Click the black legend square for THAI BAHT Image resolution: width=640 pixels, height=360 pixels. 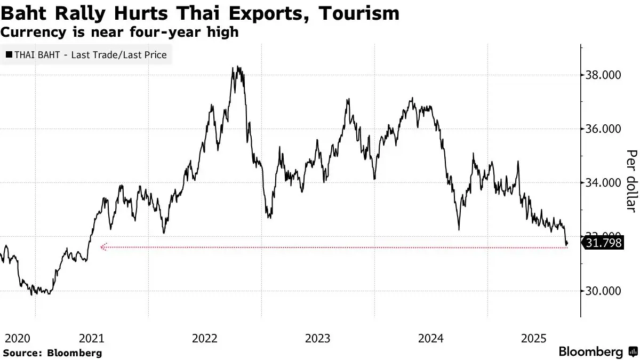click(x=9, y=55)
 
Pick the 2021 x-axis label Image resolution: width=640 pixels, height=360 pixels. click(x=91, y=338)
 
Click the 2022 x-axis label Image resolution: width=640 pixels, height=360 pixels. click(x=205, y=338)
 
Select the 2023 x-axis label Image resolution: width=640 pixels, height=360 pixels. click(x=318, y=338)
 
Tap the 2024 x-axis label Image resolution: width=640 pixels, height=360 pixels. click(x=431, y=338)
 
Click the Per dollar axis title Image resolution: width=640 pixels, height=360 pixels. click(x=631, y=180)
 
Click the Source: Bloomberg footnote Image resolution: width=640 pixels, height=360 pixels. click(x=52, y=353)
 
